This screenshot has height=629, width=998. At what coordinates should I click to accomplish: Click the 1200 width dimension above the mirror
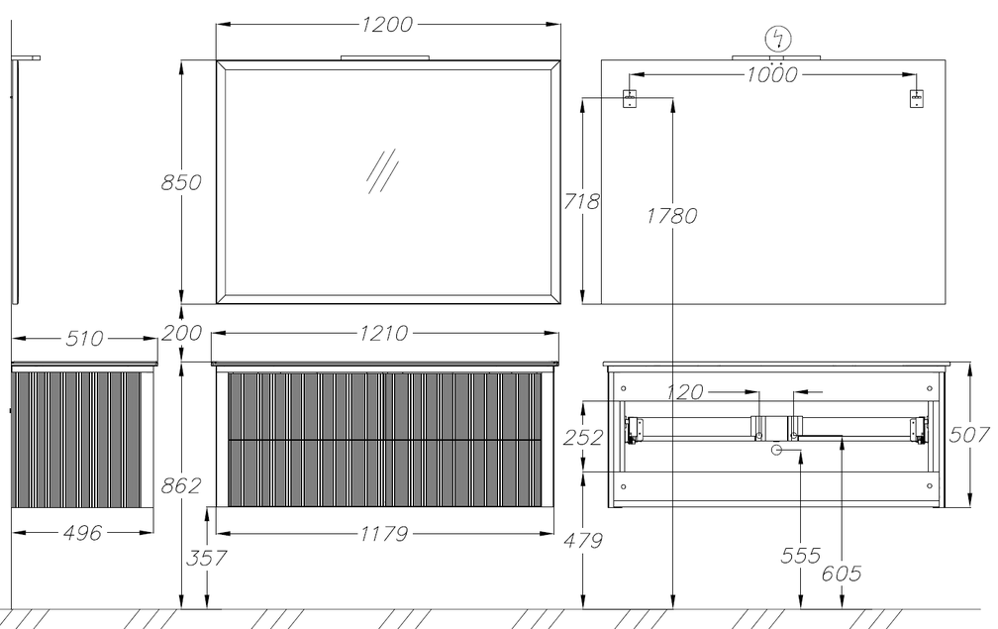pyautogui.click(x=387, y=24)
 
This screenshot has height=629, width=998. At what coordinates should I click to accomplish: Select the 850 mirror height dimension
pyautogui.click(x=181, y=182)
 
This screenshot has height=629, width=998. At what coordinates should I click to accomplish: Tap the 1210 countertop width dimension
pyautogui.click(x=384, y=333)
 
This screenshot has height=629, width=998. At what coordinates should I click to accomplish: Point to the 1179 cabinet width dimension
pyautogui.click(x=384, y=534)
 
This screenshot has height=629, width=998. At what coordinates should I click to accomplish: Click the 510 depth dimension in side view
pyautogui.click(x=84, y=338)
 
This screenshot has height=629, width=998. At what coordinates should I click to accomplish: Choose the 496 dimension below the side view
pyautogui.click(x=83, y=533)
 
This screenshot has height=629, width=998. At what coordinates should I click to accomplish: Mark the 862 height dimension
pyautogui.click(x=181, y=485)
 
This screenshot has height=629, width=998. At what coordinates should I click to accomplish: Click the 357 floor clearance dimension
pyautogui.click(x=206, y=559)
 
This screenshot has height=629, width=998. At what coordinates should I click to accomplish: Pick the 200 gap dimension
pyautogui.click(x=181, y=333)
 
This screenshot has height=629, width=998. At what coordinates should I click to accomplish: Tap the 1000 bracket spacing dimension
pyautogui.click(x=771, y=74)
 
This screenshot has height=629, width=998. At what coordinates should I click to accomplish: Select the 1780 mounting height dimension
pyautogui.click(x=672, y=216)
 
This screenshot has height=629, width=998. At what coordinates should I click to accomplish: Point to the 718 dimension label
pyautogui.click(x=581, y=201)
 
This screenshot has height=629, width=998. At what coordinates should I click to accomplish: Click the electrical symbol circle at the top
pyautogui.click(x=778, y=39)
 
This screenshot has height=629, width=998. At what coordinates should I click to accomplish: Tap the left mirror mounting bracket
pyautogui.click(x=629, y=99)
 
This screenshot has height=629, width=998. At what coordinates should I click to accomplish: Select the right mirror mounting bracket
pyautogui.click(x=916, y=99)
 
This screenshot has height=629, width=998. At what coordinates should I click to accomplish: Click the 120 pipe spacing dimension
pyautogui.click(x=685, y=392)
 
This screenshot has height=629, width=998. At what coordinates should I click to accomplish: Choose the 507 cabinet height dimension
pyautogui.click(x=969, y=435)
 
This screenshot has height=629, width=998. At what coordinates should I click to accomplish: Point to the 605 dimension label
pyautogui.click(x=842, y=574)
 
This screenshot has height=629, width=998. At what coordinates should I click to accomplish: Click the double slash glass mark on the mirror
pyautogui.click(x=382, y=171)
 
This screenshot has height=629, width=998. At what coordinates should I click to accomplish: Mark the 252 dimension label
pyautogui.click(x=583, y=438)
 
